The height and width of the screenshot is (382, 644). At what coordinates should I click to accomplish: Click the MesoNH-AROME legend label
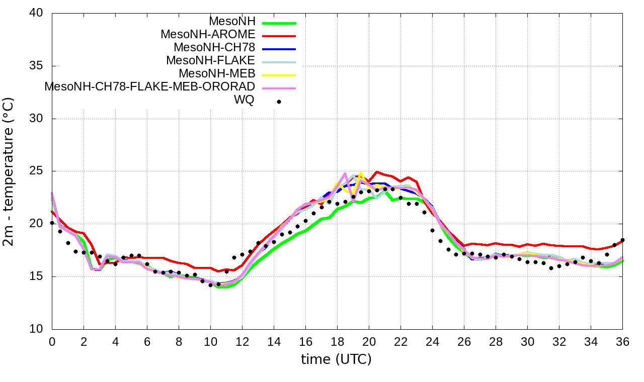tap(208, 35)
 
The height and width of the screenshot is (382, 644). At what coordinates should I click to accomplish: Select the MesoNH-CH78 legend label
tap(214, 48)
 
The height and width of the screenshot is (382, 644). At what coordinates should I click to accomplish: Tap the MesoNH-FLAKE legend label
tap(210, 60)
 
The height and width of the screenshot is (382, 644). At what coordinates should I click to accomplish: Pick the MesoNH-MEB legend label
tap(218, 73)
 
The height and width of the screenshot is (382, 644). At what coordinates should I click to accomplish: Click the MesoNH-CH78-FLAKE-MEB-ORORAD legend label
tap(149, 86)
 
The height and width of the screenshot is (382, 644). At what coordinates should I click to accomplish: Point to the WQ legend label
tap(244, 100)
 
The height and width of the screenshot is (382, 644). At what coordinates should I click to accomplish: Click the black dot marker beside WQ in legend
tap(279, 102)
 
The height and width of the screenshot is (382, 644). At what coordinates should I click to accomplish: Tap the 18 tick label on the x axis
tap(337, 342)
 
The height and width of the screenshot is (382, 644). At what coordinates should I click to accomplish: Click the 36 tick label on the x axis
tap(622, 342)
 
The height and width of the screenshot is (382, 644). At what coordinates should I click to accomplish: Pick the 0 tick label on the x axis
tap(52, 342)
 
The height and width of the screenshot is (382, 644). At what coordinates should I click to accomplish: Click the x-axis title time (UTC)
tap(336, 359)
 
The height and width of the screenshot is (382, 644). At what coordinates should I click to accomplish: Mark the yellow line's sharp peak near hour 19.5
tap(361, 172)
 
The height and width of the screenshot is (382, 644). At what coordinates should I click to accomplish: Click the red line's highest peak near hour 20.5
tap(377, 172)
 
